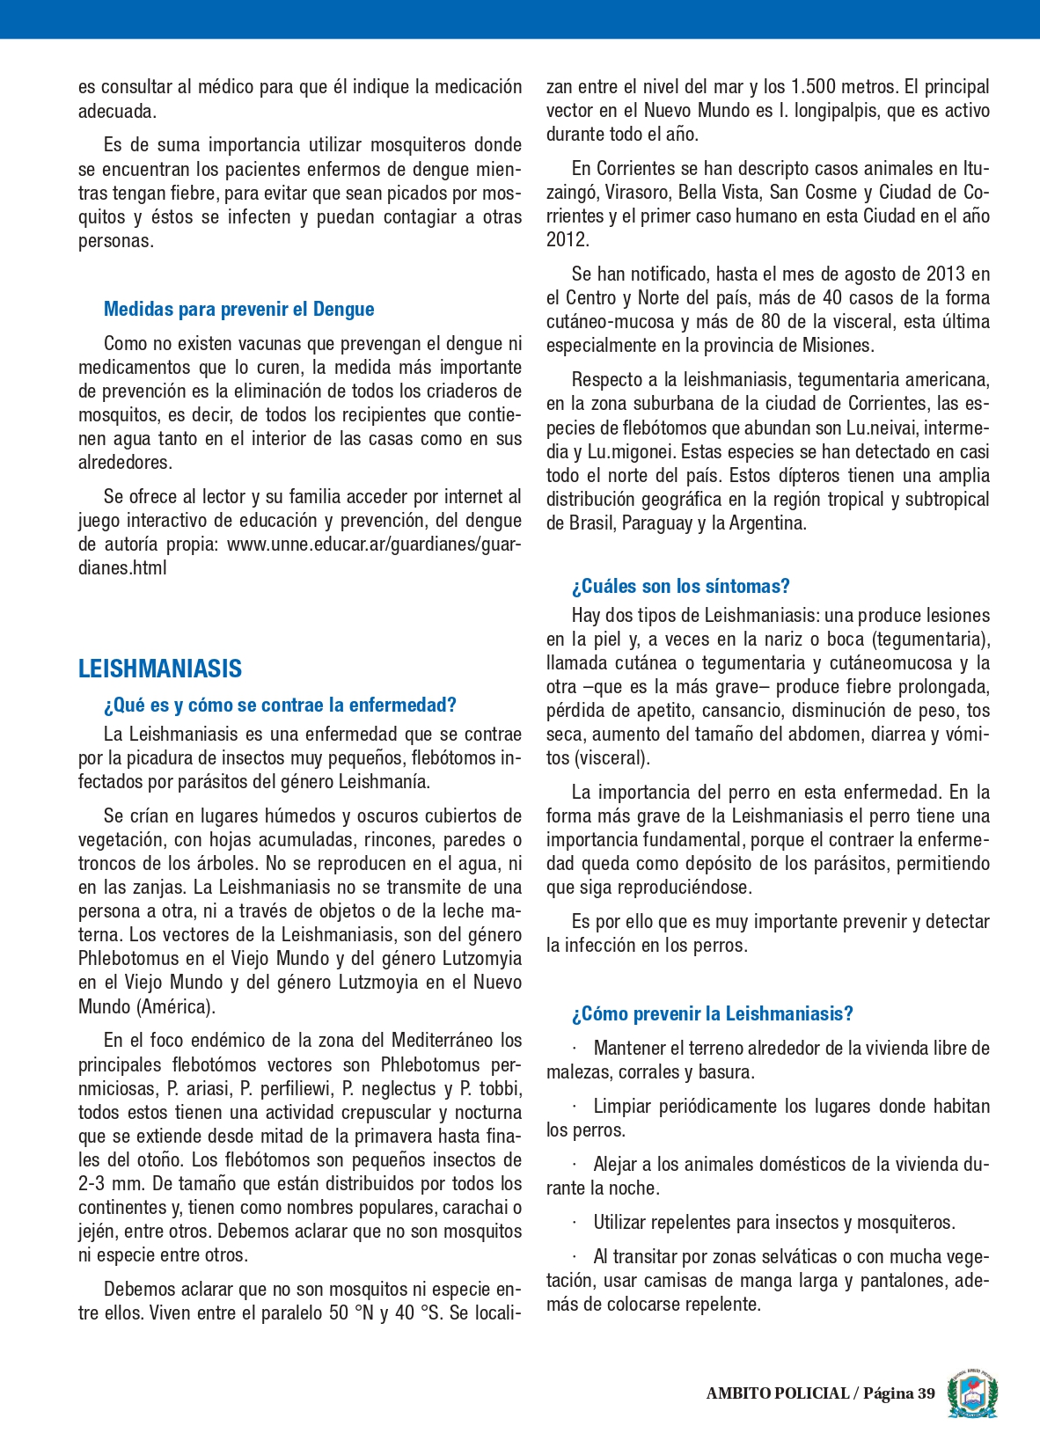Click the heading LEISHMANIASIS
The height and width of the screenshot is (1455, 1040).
coord(160,669)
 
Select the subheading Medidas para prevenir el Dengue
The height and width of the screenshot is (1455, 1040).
coord(238,310)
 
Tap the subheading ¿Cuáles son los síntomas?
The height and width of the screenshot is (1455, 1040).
coord(680,587)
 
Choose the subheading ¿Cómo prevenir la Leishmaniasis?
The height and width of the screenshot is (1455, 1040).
coord(712,1014)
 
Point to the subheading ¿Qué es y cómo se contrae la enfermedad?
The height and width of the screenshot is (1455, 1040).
coord(280,706)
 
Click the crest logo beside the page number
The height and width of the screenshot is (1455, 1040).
coord(972,1393)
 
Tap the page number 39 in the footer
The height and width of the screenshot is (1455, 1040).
coord(926,1393)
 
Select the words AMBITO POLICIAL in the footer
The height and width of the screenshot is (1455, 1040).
coord(777,1393)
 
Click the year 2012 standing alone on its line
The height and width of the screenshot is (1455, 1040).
coord(568,240)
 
